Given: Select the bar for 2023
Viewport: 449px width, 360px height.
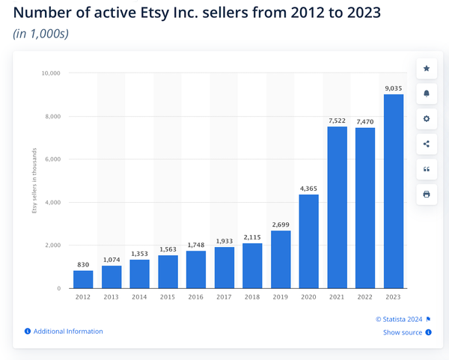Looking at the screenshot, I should [393, 191].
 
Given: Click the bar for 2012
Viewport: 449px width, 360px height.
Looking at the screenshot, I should [83, 279].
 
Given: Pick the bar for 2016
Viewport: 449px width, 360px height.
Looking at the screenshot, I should [196, 269].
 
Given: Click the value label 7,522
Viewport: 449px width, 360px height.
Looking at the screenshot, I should [337, 120].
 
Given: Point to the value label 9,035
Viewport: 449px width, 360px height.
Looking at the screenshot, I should [393, 88].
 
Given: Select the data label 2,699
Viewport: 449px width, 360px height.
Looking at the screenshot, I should [280, 224].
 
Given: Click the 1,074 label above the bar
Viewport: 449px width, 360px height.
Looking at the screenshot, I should [112, 259].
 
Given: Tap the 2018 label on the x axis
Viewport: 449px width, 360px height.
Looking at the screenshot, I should [252, 297].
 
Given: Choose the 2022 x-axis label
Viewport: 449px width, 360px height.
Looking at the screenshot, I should [364, 297].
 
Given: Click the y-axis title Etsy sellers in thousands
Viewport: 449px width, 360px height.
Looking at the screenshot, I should [34, 180].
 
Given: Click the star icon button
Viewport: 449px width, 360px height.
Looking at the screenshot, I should [427, 69].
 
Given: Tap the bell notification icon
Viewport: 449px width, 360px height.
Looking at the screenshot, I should [427, 94].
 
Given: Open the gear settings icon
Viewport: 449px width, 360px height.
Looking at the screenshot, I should [427, 119].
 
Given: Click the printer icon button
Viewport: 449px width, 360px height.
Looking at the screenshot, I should [427, 194].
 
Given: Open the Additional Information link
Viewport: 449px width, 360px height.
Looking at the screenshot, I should [67, 331].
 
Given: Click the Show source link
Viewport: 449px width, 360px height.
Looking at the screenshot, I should [403, 332].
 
